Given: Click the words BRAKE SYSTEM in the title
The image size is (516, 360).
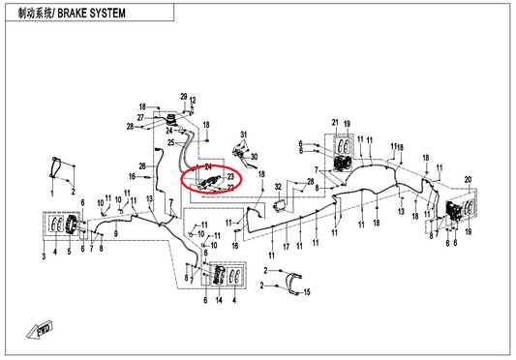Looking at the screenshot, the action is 91,14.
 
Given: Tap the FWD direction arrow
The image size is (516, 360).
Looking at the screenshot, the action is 40,329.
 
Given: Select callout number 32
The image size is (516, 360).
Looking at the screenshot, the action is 278,187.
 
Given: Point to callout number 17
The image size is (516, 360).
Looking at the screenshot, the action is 287,247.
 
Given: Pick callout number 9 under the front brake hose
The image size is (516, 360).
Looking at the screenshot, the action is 116,234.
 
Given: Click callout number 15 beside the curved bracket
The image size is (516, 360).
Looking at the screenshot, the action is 307,292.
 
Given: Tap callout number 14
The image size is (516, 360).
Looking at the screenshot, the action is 219,300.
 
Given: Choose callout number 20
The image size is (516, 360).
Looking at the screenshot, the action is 468,180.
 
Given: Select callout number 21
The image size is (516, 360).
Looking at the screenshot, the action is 335,122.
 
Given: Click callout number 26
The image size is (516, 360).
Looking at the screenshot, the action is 142,166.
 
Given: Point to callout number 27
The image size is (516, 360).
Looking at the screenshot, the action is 140,117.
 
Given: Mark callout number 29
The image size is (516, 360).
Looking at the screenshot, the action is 184,97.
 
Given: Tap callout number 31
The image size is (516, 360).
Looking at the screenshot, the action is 244,135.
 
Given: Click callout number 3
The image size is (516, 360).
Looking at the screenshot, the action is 44,256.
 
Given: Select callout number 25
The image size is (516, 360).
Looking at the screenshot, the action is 170,143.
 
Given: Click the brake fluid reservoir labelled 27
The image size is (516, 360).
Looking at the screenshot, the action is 170,120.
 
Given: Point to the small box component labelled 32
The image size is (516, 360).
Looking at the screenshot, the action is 279,207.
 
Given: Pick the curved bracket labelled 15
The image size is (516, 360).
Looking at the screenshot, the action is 293,284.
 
